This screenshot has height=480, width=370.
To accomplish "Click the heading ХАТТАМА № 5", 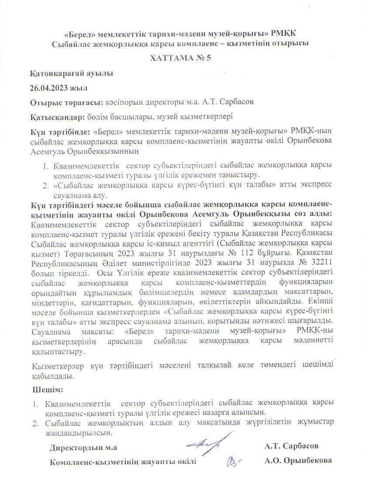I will point(181,58).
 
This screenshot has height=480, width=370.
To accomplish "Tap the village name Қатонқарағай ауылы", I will point(72,73).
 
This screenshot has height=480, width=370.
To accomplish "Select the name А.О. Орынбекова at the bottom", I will point(298,461).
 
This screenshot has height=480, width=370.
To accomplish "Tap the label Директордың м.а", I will point(83,447).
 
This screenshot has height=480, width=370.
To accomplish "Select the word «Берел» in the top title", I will point(79,34).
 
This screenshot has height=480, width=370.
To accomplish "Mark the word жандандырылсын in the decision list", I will point(79,433).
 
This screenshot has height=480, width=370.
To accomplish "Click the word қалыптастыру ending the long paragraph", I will point(59,350).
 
